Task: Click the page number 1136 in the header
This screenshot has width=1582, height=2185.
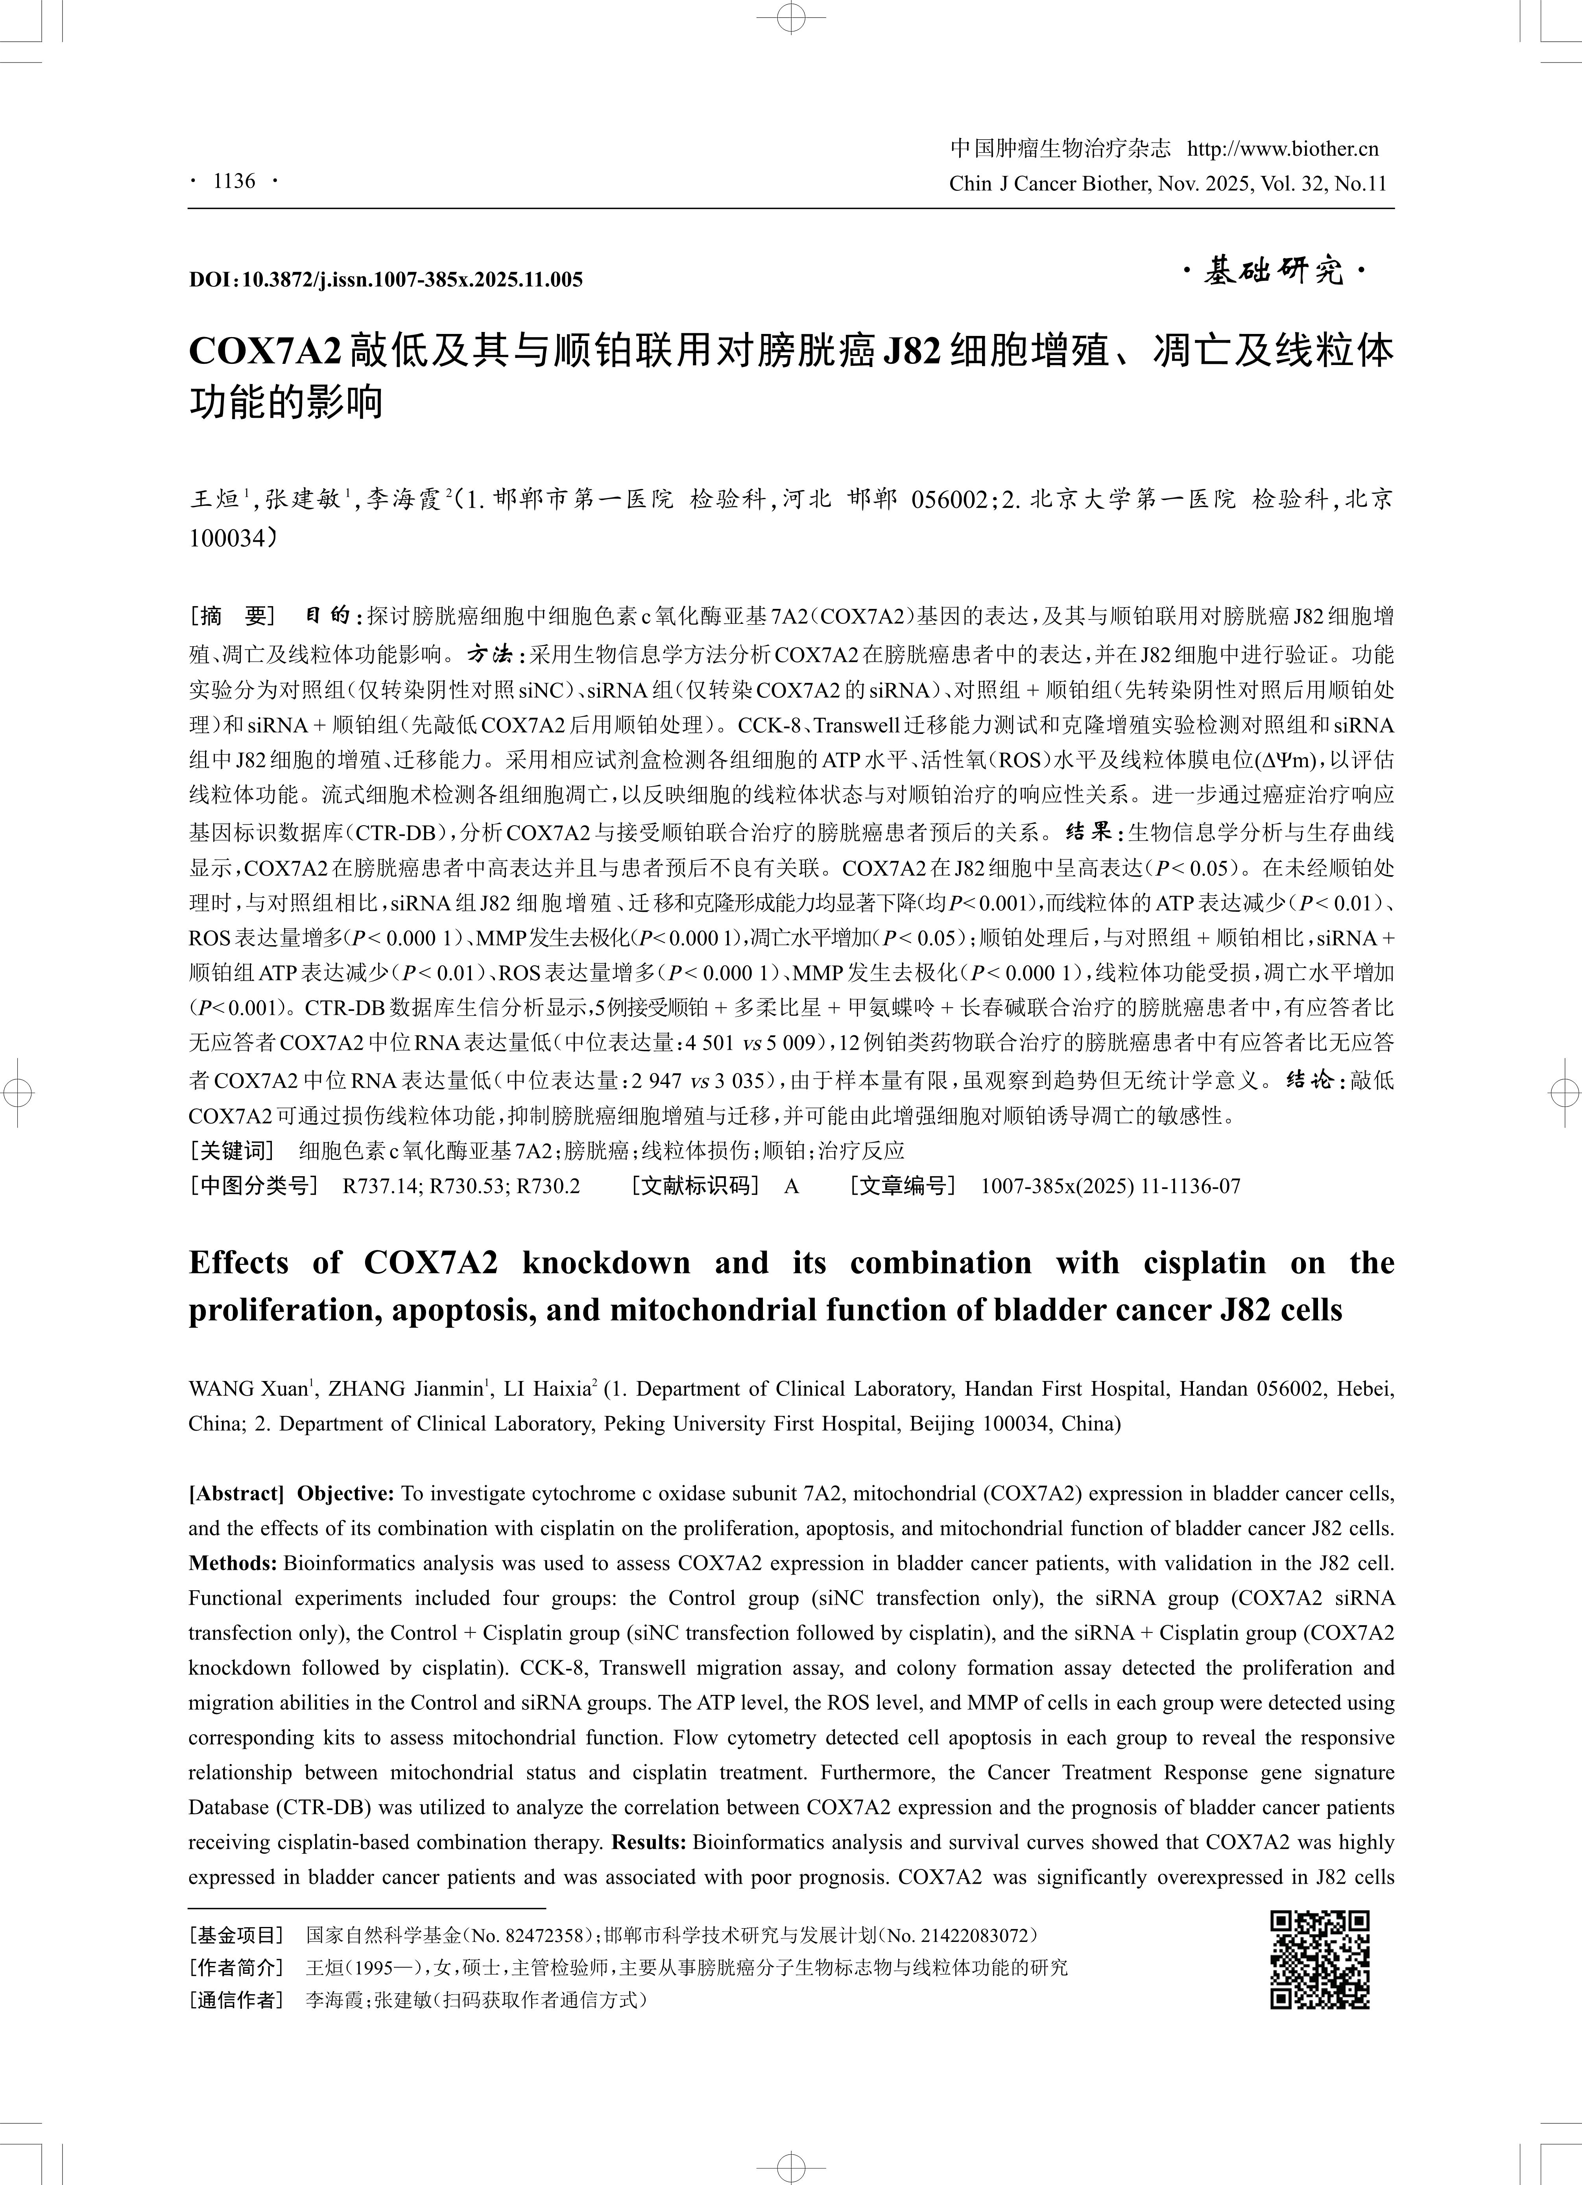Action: pos(234,181)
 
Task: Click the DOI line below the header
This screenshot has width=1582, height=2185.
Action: pos(386,280)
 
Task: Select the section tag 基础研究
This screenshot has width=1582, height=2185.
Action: pos(1274,273)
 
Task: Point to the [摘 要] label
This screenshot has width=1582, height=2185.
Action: pos(232,616)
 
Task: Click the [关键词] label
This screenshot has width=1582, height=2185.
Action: pos(232,1150)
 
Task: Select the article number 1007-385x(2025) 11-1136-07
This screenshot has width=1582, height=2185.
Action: pos(1110,1186)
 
